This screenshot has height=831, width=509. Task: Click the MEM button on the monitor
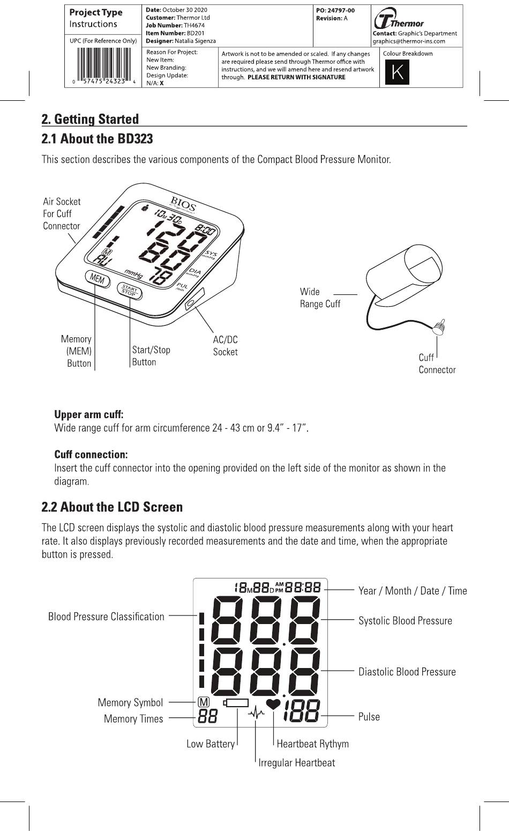point(97,279)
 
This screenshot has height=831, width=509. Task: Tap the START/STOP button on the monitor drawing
point(130,291)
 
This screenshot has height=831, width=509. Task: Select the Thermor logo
point(399,20)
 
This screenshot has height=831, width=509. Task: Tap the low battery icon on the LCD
point(236,702)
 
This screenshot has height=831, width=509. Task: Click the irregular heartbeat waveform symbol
point(257,713)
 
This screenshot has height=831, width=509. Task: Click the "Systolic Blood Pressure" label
point(405,621)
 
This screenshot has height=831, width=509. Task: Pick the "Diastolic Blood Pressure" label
point(407,672)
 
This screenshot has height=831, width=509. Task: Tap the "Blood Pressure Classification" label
point(106,617)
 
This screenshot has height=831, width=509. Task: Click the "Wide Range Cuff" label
point(320,298)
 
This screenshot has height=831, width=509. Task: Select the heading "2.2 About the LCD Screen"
point(112,507)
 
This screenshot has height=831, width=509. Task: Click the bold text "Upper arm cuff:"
point(88,414)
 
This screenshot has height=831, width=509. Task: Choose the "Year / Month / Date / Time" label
point(413,591)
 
